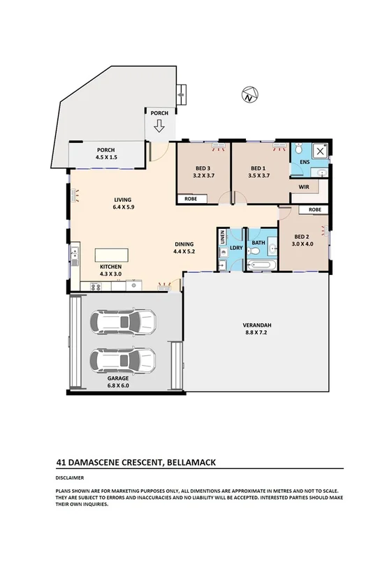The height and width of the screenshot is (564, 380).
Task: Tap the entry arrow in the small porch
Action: (x=159, y=126)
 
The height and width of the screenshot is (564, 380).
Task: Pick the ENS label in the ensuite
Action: (x=304, y=163)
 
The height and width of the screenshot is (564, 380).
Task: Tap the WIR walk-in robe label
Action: (x=304, y=187)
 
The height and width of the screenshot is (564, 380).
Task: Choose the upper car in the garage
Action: (x=122, y=322)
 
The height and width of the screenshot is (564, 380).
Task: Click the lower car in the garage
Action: (x=122, y=360)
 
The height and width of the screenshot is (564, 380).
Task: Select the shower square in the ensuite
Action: (x=320, y=151)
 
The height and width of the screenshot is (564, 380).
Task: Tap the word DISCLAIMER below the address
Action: (x=70, y=478)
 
